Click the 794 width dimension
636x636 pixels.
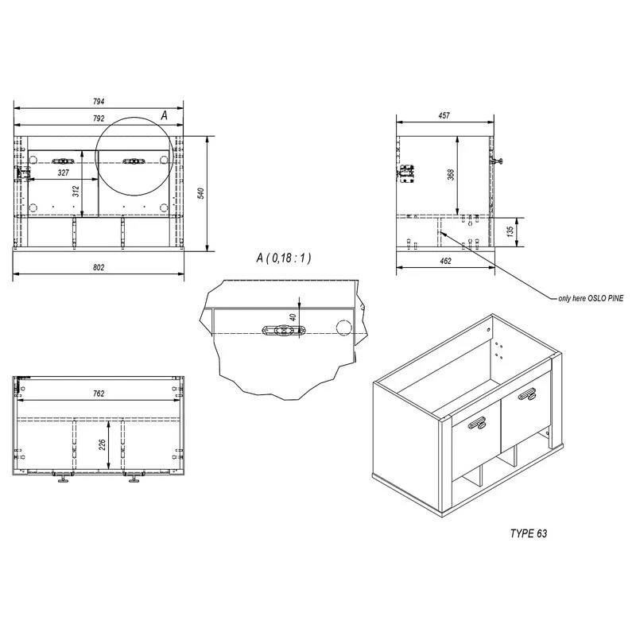(99, 102)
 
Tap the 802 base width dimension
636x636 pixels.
(99, 268)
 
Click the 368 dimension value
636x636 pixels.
(451, 175)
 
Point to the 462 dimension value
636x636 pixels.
(445, 260)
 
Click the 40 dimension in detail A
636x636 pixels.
(293, 316)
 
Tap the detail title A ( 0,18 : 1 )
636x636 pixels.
(284, 258)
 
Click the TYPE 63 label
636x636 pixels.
(529, 533)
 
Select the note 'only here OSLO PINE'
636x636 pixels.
(589, 297)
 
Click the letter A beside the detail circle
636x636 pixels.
(164, 115)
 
